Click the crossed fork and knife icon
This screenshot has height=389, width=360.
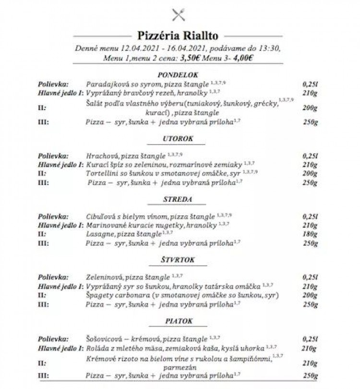178,15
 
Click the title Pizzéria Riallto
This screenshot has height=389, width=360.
178,36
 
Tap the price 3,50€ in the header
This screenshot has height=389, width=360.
191,59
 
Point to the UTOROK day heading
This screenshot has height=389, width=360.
178,139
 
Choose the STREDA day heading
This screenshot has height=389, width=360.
178,199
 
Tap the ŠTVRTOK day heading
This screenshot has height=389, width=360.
178,260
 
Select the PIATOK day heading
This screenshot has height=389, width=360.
178,321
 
